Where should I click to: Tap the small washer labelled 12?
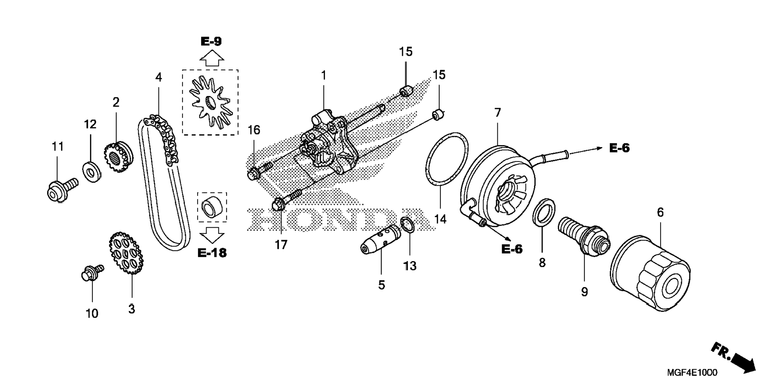pos(91,171)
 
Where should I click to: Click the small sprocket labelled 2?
pos(118,158)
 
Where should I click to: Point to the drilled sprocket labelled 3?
pos(126,253)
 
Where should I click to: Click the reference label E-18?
pos(212,252)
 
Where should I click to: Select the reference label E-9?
pos(211,41)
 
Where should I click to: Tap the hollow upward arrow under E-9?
pos(212,59)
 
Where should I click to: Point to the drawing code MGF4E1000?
pos(692,372)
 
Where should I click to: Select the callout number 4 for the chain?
pos(159,77)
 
